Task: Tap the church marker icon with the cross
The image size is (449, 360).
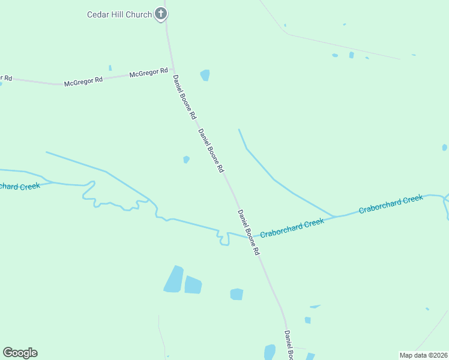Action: [x=160, y=13]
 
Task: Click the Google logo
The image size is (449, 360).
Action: [x=20, y=353]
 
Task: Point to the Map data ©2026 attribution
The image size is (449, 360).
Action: [x=423, y=355]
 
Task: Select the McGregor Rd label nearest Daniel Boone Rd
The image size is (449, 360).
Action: [x=149, y=73]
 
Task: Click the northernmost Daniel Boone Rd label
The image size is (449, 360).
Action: [x=184, y=96]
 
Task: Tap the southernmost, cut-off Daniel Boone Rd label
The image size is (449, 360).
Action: [x=289, y=346]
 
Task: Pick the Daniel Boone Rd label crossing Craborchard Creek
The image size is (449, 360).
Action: [x=248, y=232]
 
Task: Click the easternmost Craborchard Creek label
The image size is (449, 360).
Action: [x=391, y=204]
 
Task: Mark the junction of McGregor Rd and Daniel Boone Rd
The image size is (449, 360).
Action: [x=173, y=70]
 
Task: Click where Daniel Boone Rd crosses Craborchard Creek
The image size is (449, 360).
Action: [x=246, y=236]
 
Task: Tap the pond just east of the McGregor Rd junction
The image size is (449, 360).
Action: [x=205, y=75]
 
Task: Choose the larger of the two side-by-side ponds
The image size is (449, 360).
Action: [x=173, y=280]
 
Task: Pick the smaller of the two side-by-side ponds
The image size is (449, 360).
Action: [x=193, y=285]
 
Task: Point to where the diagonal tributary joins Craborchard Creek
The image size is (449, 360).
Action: [x=334, y=216]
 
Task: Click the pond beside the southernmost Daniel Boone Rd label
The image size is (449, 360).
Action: [x=270, y=352]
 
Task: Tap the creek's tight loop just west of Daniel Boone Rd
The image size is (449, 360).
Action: [x=223, y=238]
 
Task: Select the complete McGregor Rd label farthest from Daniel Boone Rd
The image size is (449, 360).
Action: [x=83, y=81]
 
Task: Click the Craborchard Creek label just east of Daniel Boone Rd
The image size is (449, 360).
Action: [x=292, y=227]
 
